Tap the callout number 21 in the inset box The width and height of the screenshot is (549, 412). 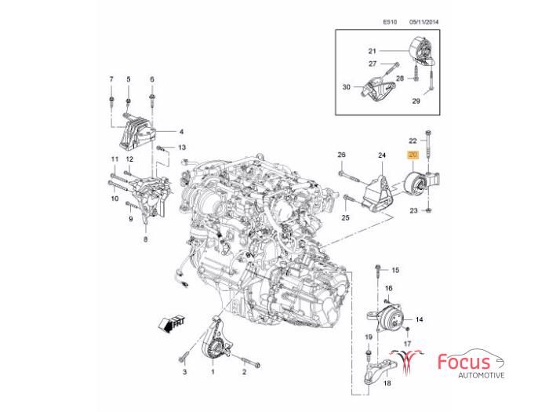pos(373,51)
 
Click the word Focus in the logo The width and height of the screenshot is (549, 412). pos(464,363)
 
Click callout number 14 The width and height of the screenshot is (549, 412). pos(419,319)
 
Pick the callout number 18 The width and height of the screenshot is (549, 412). pos(386,383)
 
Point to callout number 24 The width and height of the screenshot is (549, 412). pos(383,155)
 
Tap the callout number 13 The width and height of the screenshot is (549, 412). pos(181,148)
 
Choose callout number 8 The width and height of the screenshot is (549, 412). pos(145,240)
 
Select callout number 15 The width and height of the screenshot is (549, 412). pos(395,270)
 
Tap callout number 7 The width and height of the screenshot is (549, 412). pos(111,79)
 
